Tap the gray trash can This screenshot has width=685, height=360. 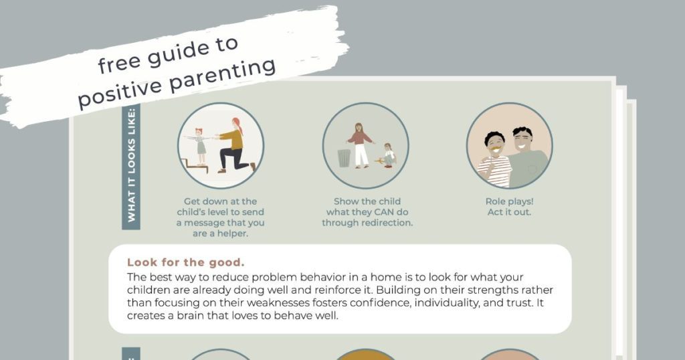point(344,158)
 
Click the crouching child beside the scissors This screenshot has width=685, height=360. point(389,155)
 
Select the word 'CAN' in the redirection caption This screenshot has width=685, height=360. point(393,211)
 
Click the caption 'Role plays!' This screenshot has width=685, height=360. point(509,201)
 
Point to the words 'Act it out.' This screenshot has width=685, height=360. point(509,212)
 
